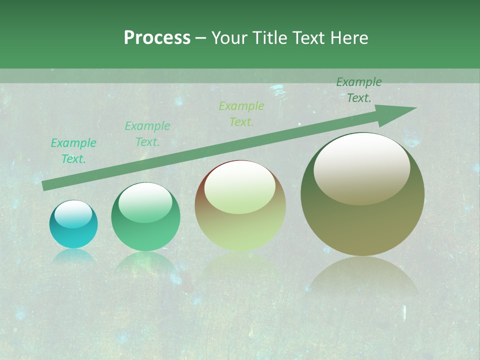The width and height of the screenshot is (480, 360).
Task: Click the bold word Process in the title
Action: pos(157,38)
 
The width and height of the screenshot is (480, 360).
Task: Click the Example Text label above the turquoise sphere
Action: pos(73,151)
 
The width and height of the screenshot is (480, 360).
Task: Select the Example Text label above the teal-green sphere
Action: pos(147,134)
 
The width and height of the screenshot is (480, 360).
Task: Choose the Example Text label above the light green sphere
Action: pos(241,113)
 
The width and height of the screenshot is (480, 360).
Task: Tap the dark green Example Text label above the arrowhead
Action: pos(359,90)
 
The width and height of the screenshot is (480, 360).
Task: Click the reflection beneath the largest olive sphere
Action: pos(362,280)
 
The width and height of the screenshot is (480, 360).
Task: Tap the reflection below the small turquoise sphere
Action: pos(73,256)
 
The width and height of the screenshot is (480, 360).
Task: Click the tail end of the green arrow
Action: pos(45,185)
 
